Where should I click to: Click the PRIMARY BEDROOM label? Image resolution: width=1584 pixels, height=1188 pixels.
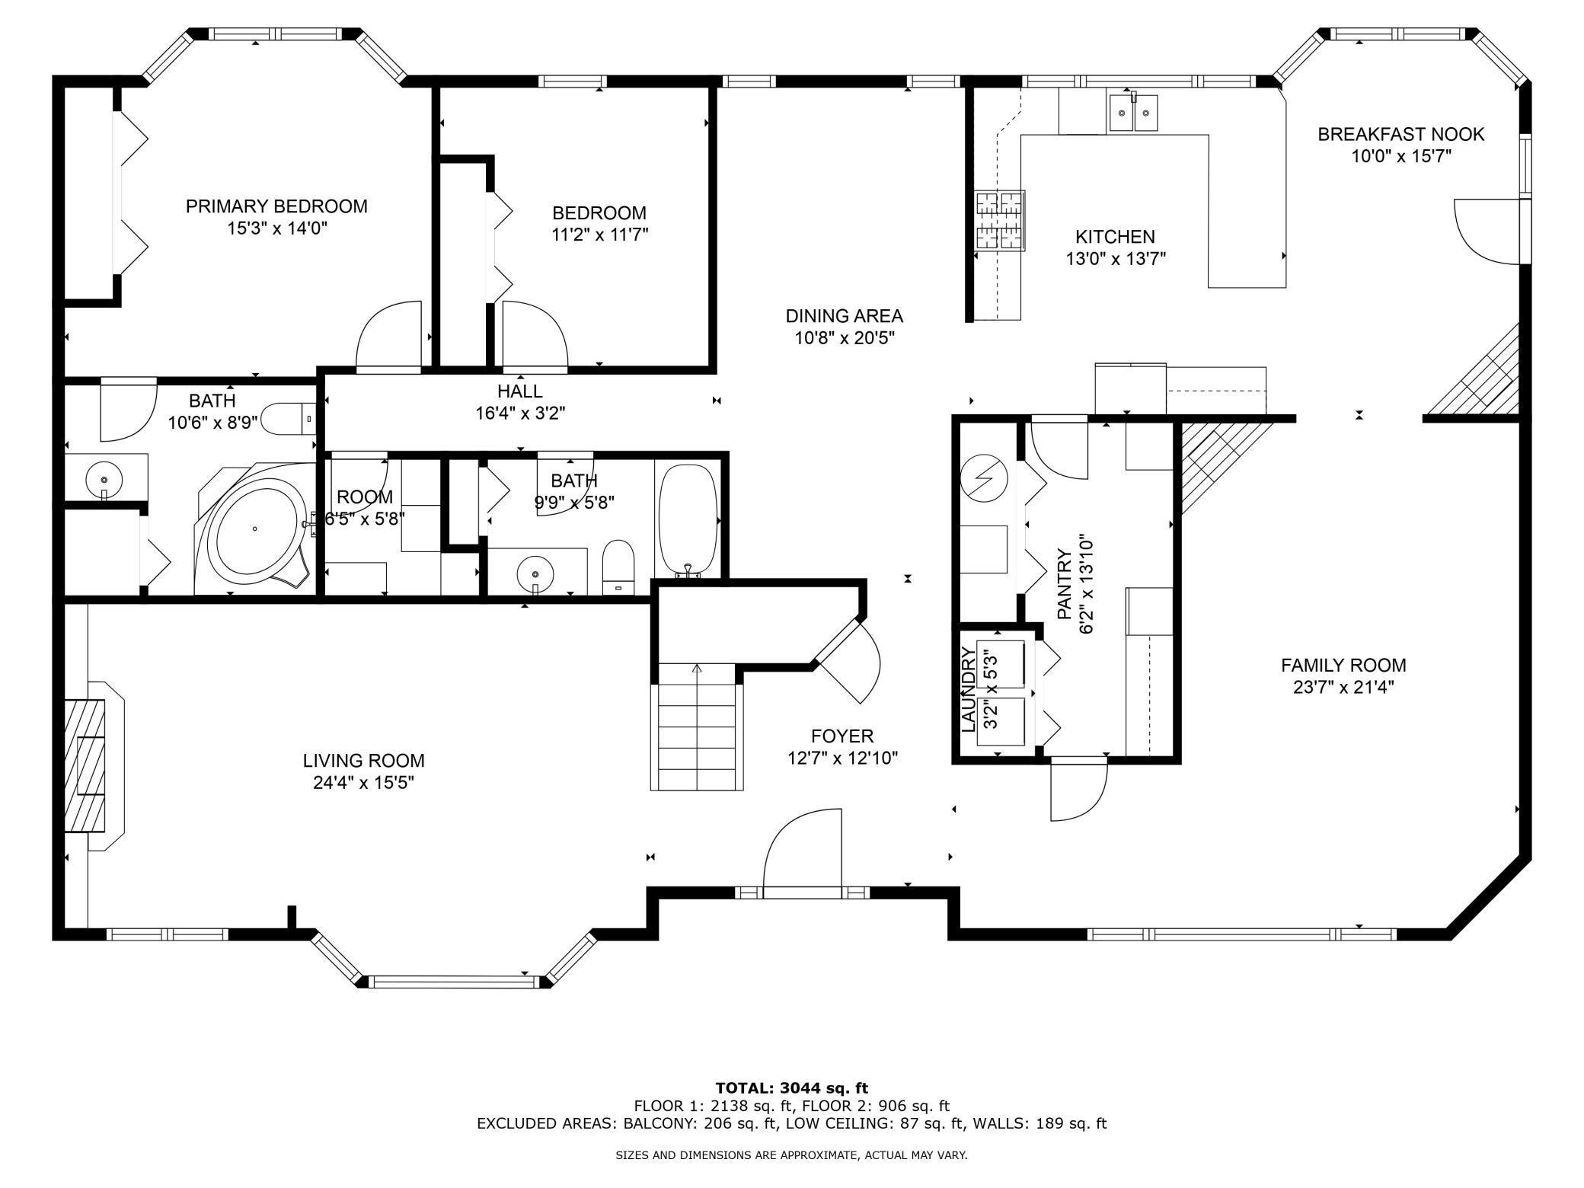click(276, 206)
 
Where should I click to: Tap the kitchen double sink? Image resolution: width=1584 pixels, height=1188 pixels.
click(1132, 113)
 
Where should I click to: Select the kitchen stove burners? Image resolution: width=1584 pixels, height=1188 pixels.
click(1000, 221)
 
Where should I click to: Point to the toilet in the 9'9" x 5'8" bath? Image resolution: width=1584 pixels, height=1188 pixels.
click(618, 567)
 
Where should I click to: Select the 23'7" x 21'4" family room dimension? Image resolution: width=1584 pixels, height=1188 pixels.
click(1343, 688)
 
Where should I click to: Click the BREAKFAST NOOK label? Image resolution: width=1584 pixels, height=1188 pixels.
click(1400, 134)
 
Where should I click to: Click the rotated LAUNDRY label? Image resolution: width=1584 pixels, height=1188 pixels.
click(969, 689)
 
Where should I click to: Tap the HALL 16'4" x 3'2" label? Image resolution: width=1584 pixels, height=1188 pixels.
click(520, 402)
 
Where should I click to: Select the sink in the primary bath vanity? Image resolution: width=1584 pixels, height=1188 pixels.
click(103, 480)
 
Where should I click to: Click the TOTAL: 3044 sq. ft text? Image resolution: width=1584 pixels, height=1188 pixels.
click(791, 1087)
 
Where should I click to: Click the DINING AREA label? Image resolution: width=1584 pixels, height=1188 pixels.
click(844, 315)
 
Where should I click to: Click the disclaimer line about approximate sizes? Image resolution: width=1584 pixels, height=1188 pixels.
click(791, 1155)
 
